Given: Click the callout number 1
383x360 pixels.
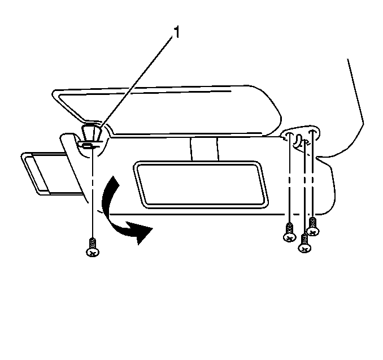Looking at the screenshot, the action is point(176,33).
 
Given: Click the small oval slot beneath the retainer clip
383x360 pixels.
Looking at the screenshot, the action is point(88,146).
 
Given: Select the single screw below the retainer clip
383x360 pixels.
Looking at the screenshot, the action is point(93,248).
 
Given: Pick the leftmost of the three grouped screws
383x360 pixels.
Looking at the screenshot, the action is point(289,232).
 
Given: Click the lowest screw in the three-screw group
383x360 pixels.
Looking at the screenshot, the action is point(304,243).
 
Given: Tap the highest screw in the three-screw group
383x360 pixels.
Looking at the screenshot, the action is point(313,227).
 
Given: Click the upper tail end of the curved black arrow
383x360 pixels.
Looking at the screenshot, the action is point(113,176).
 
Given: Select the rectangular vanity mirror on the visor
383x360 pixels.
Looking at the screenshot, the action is point(201,185).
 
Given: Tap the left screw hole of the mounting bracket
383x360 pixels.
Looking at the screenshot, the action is point(289,134).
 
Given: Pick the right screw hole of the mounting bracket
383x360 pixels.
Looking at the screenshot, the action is point(313,132).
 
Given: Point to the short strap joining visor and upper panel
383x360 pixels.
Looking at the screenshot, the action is point(204,149).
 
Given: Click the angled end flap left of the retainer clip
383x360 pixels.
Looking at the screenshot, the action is point(73,166).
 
